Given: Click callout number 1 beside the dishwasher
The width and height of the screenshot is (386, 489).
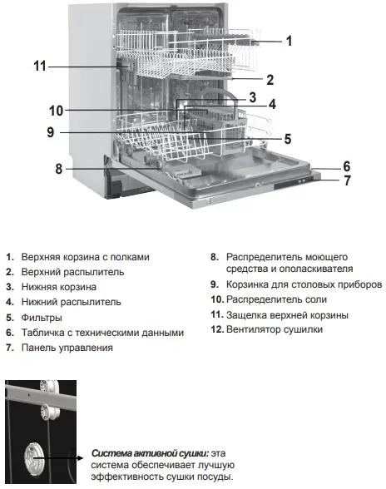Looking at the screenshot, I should [289, 40].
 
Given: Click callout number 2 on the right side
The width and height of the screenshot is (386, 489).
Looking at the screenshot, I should [270, 81].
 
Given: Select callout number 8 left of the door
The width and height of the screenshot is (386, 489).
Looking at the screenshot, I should [59, 169].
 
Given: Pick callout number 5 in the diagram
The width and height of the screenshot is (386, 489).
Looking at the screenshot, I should [287, 139].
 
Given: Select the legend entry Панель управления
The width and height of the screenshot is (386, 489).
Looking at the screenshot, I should [66, 348].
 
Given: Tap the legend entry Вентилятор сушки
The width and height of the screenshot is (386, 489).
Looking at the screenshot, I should [274, 329].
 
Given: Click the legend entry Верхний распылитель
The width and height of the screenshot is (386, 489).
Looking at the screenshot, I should [72, 272].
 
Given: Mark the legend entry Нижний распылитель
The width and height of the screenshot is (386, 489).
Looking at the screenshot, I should [70, 302].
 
